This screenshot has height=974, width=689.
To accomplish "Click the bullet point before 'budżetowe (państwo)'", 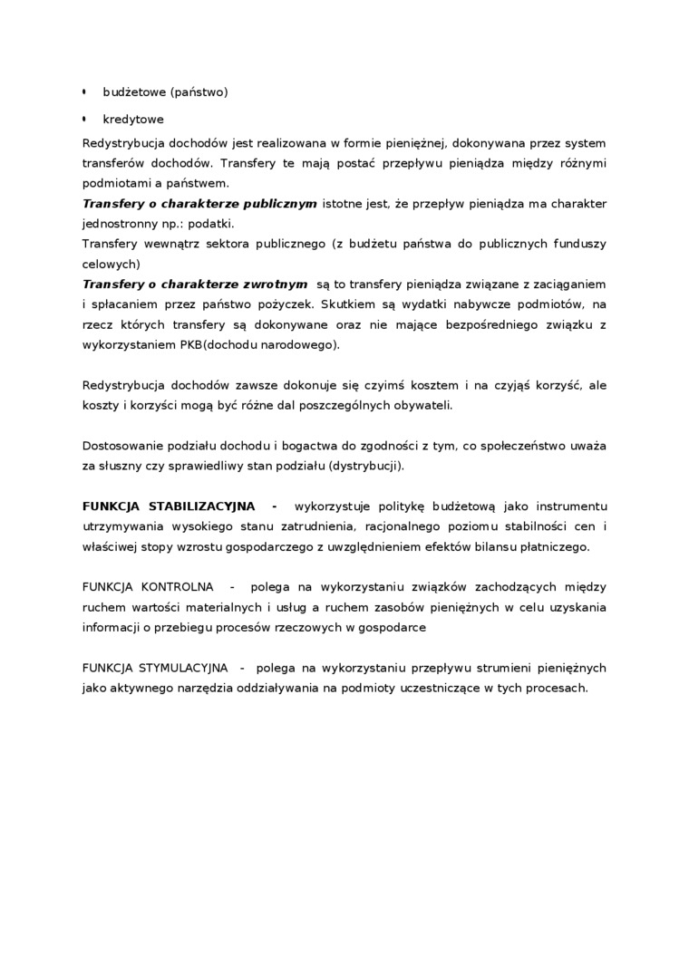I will pyautogui.click(x=84, y=92).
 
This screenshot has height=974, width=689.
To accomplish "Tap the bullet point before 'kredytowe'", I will pyautogui.click(x=84, y=119).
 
